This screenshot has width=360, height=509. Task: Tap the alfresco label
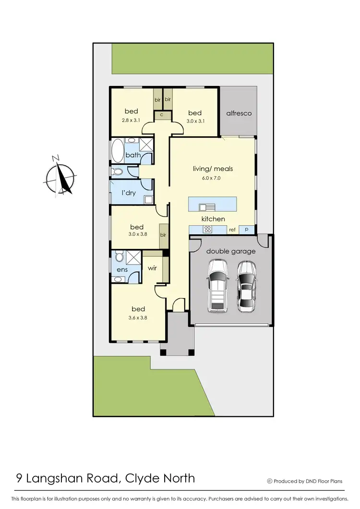click(x=239, y=113)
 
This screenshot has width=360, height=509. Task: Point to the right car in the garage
click(x=247, y=287)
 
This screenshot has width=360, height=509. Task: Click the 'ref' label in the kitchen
click(x=232, y=230)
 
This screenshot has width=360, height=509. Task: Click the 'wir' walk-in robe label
click(x=153, y=269)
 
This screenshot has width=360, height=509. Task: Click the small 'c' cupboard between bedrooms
click(x=162, y=115)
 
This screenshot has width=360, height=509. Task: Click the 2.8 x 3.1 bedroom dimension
click(x=131, y=121)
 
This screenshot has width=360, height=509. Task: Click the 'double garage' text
click(x=231, y=251)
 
